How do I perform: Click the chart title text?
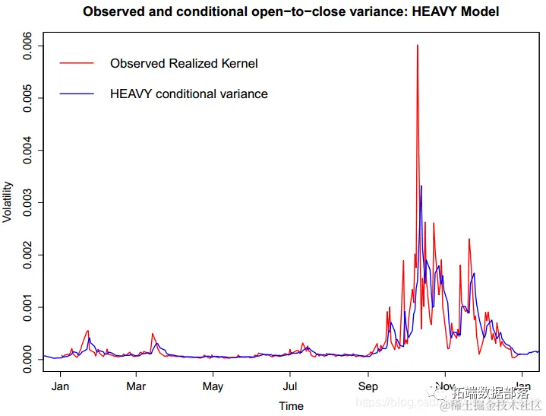291,12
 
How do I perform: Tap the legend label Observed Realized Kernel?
184,63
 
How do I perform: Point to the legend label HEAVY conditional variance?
188,94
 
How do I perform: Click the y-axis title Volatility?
8,202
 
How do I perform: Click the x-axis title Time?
291,405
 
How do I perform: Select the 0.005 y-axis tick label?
27,98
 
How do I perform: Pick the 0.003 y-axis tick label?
27,202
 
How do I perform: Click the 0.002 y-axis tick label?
27,255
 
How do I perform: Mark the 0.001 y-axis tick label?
27,307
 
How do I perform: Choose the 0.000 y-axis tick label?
27,359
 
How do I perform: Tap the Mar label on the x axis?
136,386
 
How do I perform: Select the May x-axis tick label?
213,386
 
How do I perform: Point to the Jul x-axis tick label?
289,386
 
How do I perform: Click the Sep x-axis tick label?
368,386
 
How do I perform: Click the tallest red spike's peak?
418,46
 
